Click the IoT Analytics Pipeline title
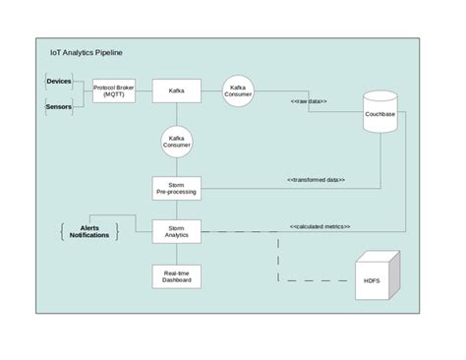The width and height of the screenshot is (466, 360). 87,52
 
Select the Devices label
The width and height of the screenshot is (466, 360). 59,80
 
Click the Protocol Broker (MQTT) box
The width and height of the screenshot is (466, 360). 114,91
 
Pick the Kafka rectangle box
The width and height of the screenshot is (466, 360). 177,91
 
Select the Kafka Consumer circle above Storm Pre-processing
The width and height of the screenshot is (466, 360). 177,142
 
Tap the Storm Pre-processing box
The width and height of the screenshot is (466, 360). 177,187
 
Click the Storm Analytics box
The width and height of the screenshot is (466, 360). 177,233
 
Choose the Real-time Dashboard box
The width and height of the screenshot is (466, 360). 177,277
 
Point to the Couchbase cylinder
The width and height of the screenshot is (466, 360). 380,114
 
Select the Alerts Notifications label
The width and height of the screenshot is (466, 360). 89,232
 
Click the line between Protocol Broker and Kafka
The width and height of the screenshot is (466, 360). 145,91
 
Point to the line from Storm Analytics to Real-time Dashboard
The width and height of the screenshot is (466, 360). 177,254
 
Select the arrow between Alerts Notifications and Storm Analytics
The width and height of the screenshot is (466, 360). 135,233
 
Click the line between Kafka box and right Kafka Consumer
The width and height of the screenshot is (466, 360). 211,91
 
